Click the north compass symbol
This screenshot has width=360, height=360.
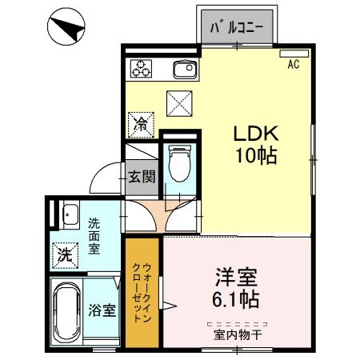(x=66, y=26)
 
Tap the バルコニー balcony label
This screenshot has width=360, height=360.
(x=237, y=27)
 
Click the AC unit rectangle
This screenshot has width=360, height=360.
(x=294, y=54)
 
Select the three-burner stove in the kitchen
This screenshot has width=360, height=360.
(x=141, y=69)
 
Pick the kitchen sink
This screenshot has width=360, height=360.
(x=185, y=70)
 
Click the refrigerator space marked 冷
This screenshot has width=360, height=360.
(x=141, y=125)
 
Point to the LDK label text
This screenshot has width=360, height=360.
(x=256, y=134)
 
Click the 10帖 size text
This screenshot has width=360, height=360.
(x=256, y=155)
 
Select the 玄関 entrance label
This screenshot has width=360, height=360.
(x=142, y=177)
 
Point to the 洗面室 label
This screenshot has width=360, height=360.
(x=94, y=236)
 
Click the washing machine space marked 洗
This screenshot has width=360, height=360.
(x=66, y=255)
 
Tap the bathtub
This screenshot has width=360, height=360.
(x=66, y=312)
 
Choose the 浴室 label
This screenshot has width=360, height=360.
(x=102, y=310)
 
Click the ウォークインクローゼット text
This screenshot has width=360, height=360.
(x=142, y=293)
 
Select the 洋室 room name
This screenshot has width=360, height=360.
(x=236, y=278)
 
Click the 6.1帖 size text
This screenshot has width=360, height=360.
(x=236, y=299)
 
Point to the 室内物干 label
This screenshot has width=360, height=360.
(x=238, y=335)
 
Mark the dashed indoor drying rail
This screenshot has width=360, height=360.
(x=238, y=325)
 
